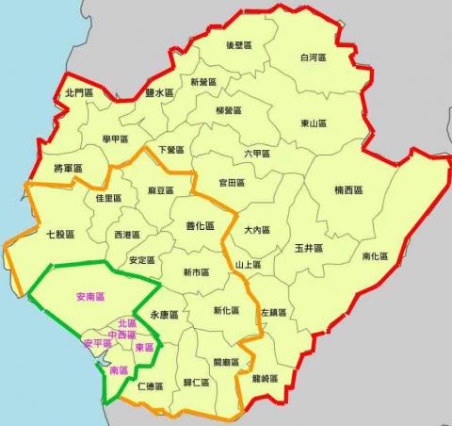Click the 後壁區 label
click(239, 45)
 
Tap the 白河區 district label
click(313, 57)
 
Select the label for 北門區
click(79, 92)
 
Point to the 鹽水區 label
click(160, 92)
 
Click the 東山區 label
click(313, 123)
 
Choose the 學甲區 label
click(115, 139)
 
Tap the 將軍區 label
click(69, 169)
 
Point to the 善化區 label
click(200, 226)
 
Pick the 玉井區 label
click(308, 248)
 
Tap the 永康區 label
click(164, 315)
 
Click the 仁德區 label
click(150, 385)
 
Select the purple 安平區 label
click(97, 343)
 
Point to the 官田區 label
click(231, 182)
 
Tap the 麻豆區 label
click(161, 190)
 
